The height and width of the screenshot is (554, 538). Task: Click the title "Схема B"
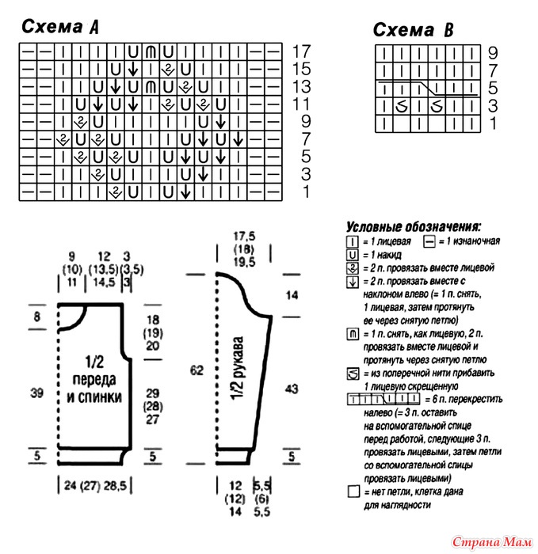(x=413, y=31)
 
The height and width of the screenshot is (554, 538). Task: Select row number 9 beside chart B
(x=492, y=54)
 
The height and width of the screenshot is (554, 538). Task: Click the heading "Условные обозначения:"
(x=414, y=226)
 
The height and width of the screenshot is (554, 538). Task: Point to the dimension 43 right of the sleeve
(x=292, y=389)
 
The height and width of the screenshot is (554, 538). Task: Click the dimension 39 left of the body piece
(x=36, y=391)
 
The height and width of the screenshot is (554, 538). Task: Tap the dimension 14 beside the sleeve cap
(x=292, y=296)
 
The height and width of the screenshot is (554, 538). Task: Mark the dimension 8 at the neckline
(x=36, y=317)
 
